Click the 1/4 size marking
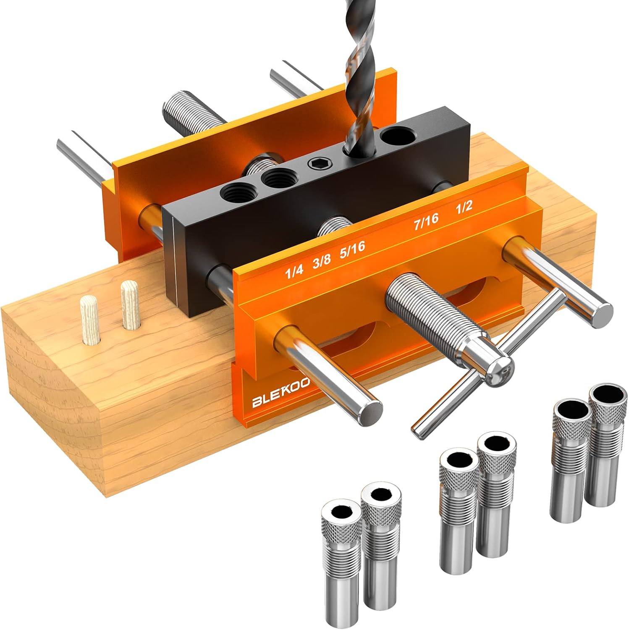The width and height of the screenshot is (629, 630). tap(294, 271)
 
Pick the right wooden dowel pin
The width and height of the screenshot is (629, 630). tap(129, 304)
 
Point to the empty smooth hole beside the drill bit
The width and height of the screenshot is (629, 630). tap(397, 136)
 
